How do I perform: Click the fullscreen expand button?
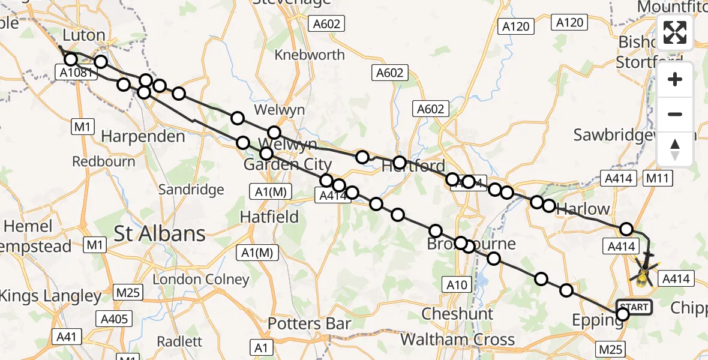(675, 32)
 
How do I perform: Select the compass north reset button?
(675, 149)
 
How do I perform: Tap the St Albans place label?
(160, 233)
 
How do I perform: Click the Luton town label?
(84, 35)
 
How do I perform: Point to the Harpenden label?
(143, 136)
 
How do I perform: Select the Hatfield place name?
(269, 217)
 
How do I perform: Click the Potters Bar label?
(309, 323)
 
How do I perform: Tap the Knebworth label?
(309, 55)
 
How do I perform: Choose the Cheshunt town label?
(458, 313)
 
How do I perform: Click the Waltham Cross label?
(457, 339)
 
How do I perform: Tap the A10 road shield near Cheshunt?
(456, 285)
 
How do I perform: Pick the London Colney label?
(201, 279)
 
